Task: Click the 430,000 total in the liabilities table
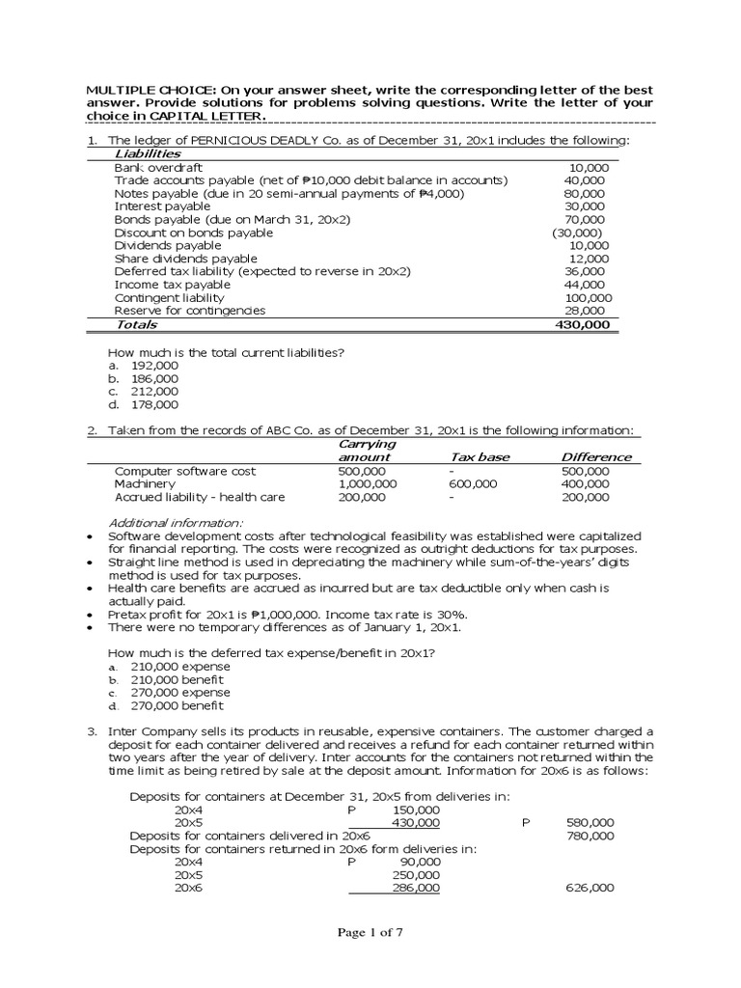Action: (583, 325)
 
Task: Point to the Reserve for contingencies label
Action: (190, 311)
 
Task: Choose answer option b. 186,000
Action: (143, 379)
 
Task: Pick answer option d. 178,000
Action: (143, 405)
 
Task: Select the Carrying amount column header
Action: (365, 451)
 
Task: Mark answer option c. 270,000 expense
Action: (169, 693)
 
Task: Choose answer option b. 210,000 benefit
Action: (168, 680)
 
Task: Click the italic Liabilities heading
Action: (148, 154)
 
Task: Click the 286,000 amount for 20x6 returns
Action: (416, 888)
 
